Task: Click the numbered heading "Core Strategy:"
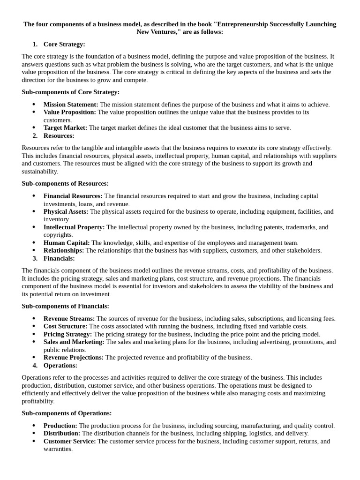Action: pos(64,44)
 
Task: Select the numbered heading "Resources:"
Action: pos(59,135)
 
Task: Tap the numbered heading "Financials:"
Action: pos(59,258)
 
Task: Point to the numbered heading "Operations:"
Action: pos(60,365)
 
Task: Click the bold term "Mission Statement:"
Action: pos(71,105)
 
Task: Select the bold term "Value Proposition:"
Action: pos(70,112)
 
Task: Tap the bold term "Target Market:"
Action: pos(65,127)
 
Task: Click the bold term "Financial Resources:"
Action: pos(73,196)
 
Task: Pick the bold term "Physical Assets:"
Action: pos(66,211)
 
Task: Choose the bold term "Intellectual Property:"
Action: pos(74,227)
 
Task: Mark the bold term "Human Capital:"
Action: pos(67,243)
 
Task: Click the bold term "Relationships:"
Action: pos(64,250)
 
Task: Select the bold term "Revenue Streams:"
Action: pos(69,319)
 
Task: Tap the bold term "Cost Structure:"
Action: pos(65,326)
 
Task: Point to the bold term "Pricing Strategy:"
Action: pos(67,334)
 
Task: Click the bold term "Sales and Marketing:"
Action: pos(74,342)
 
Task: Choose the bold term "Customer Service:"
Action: pos(69,441)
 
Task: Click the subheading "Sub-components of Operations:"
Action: pos(67,413)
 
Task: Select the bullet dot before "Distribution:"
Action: pos(34,434)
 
